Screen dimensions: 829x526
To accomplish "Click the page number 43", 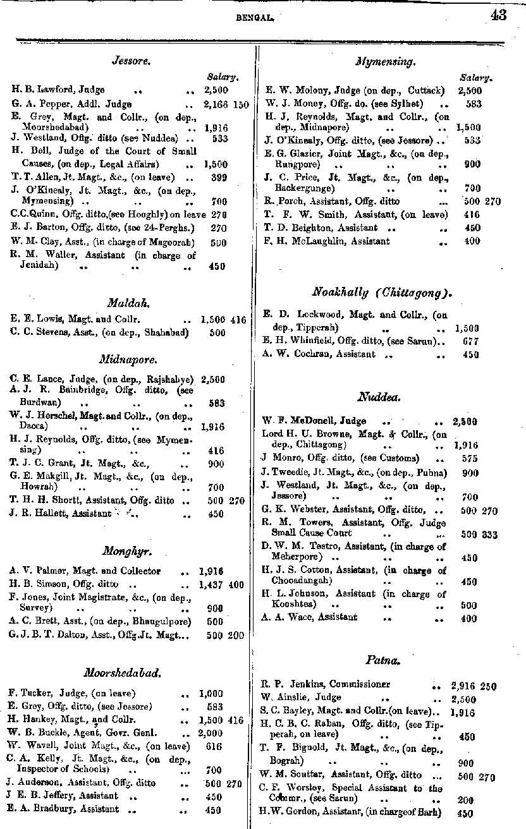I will (x=498, y=16).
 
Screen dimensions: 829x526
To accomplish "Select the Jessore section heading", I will (x=130, y=61).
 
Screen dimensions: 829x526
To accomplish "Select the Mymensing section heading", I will (x=386, y=62).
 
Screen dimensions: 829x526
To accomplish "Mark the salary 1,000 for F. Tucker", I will (x=211, y=693).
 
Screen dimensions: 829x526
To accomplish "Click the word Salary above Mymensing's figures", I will (x=474, y=77).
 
